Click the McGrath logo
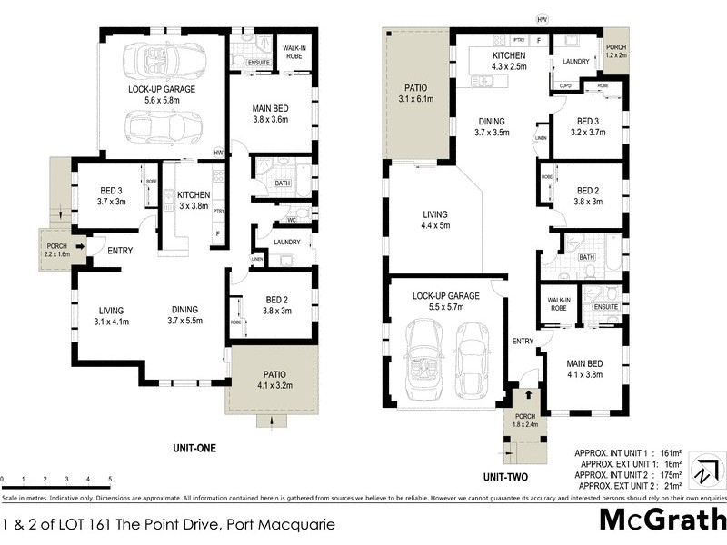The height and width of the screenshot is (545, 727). pos(662,521)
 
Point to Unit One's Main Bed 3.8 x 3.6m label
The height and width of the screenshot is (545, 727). pos(270,114)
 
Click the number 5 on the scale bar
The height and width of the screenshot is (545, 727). pos(110,479)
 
